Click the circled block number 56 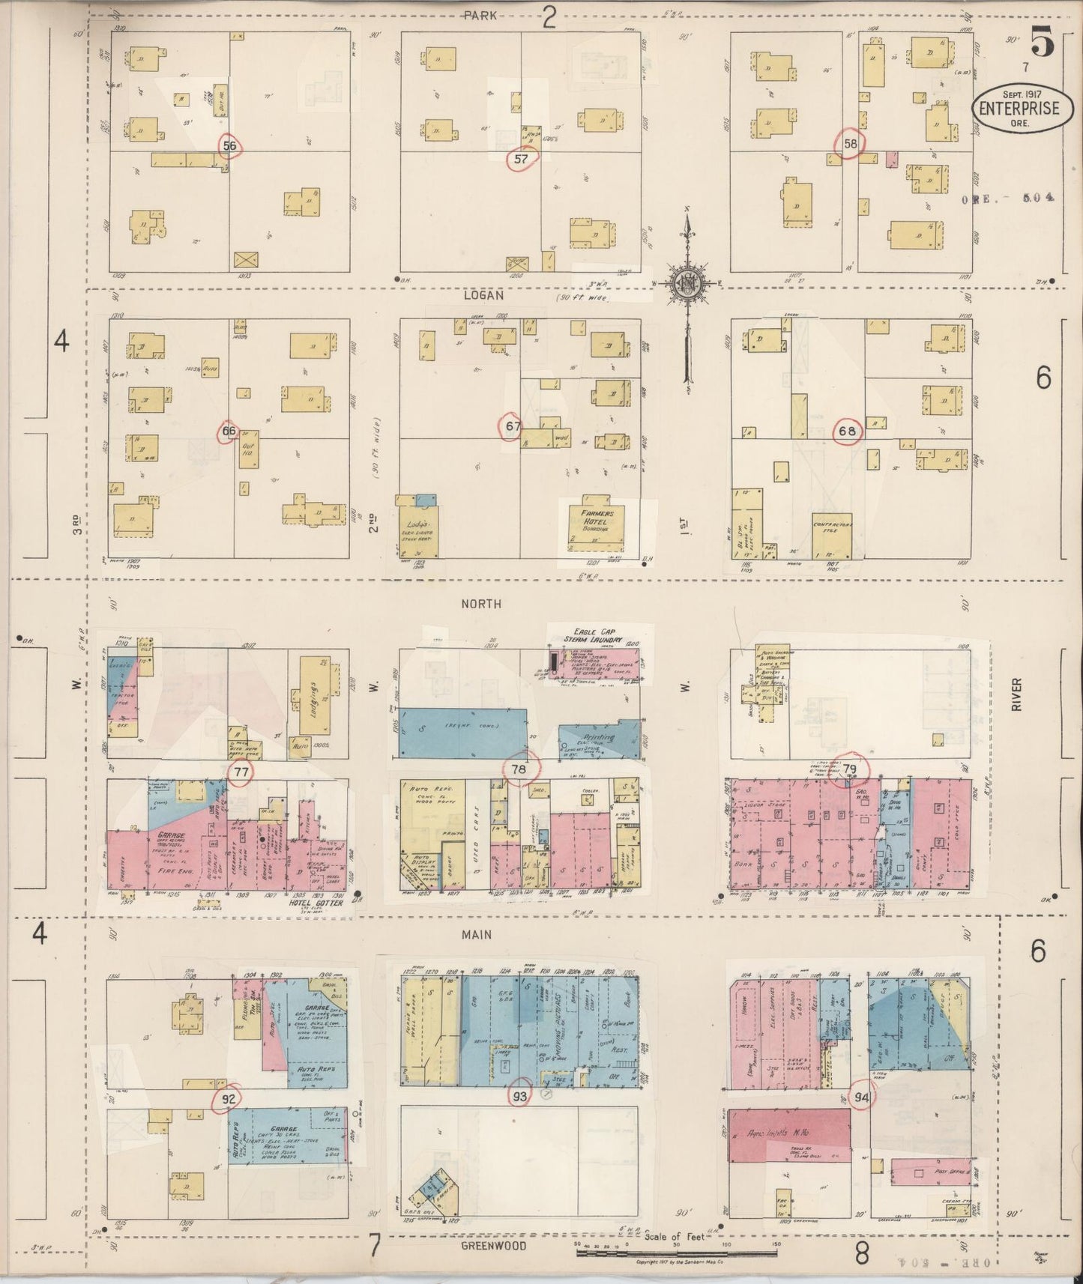pos(229,145)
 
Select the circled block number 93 pos(519,1097)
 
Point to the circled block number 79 pos(851,769)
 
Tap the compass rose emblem pos(685,282)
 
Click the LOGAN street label pos(483,296)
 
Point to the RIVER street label pos(1017,694)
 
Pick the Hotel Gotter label pos(316,903)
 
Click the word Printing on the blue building pos(597,738)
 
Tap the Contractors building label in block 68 pos(833,527)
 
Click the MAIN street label pos(477,934)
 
